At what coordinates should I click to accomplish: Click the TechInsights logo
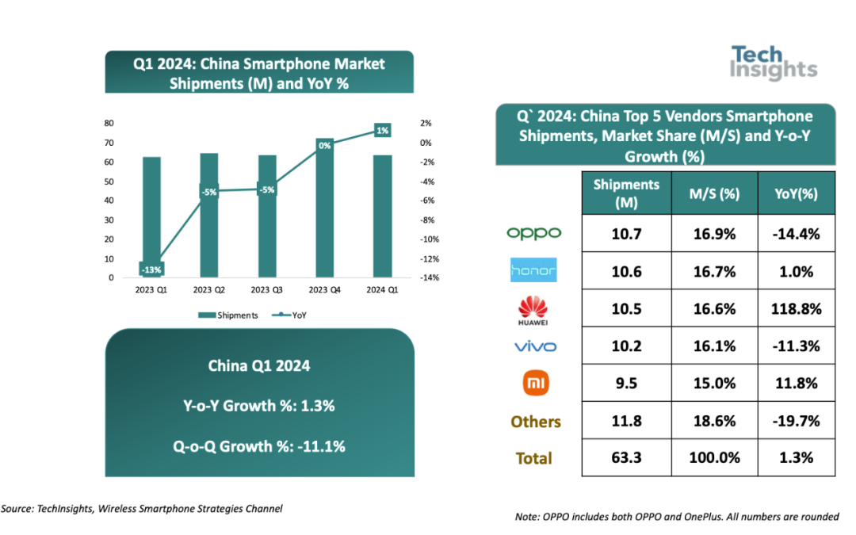click(x=772, y=63)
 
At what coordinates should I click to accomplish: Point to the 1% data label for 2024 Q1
click(x=382, y=130)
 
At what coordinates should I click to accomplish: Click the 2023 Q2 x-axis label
click(x=208, y=290)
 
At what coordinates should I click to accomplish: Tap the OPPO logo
click(x=534, y=233)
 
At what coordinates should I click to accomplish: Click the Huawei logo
click(x=534, y=308)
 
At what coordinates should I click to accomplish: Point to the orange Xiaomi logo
click(x=534, y=384)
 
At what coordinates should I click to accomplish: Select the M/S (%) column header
click(x=714, y=193)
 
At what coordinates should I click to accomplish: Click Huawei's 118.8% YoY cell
click(x=796, y=308)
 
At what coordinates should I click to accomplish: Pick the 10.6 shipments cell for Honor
click(x=626, y=271)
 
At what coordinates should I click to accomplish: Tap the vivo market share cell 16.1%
click(x=714, y=346)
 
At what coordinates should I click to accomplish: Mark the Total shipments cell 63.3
click(x=626, y=458)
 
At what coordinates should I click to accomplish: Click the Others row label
click(x=535, y=422)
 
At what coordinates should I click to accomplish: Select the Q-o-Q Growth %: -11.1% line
click(x=259, y=446)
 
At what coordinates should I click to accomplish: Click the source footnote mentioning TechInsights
click(x=142, y=509)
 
